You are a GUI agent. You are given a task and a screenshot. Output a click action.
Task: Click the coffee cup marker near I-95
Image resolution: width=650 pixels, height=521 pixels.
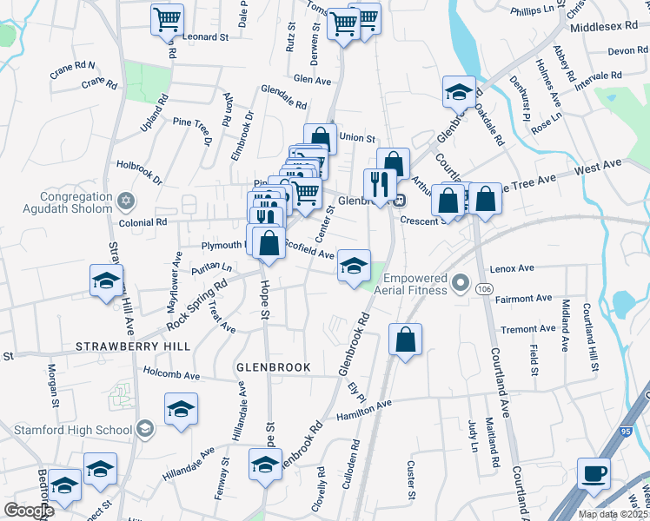(x=594, y=474)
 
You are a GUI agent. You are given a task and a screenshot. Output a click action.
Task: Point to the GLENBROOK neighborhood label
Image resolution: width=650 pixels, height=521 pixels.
(x=273, y=367)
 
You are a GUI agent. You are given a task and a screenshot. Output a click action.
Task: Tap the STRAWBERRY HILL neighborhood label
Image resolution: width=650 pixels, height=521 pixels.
(x=133, y=346)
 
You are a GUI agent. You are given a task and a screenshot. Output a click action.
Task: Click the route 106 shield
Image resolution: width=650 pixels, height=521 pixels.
(x=485, y=288)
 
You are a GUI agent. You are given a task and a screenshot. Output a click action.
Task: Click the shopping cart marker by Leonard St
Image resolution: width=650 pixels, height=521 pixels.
(x=167, y=19)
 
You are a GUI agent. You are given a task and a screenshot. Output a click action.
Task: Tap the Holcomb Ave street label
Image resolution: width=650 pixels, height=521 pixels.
(x=173, y=376)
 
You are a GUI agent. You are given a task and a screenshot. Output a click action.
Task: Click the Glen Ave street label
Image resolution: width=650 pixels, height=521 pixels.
(x=314, y=79)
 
